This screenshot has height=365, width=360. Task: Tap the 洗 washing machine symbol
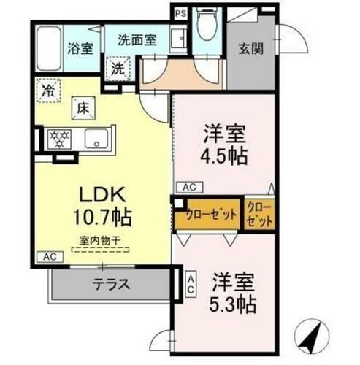point(119,69)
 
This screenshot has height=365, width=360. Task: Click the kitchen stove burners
point(58,139)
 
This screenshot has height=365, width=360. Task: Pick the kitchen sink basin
point(96,139)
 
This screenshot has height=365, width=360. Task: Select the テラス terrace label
point(112,284)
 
